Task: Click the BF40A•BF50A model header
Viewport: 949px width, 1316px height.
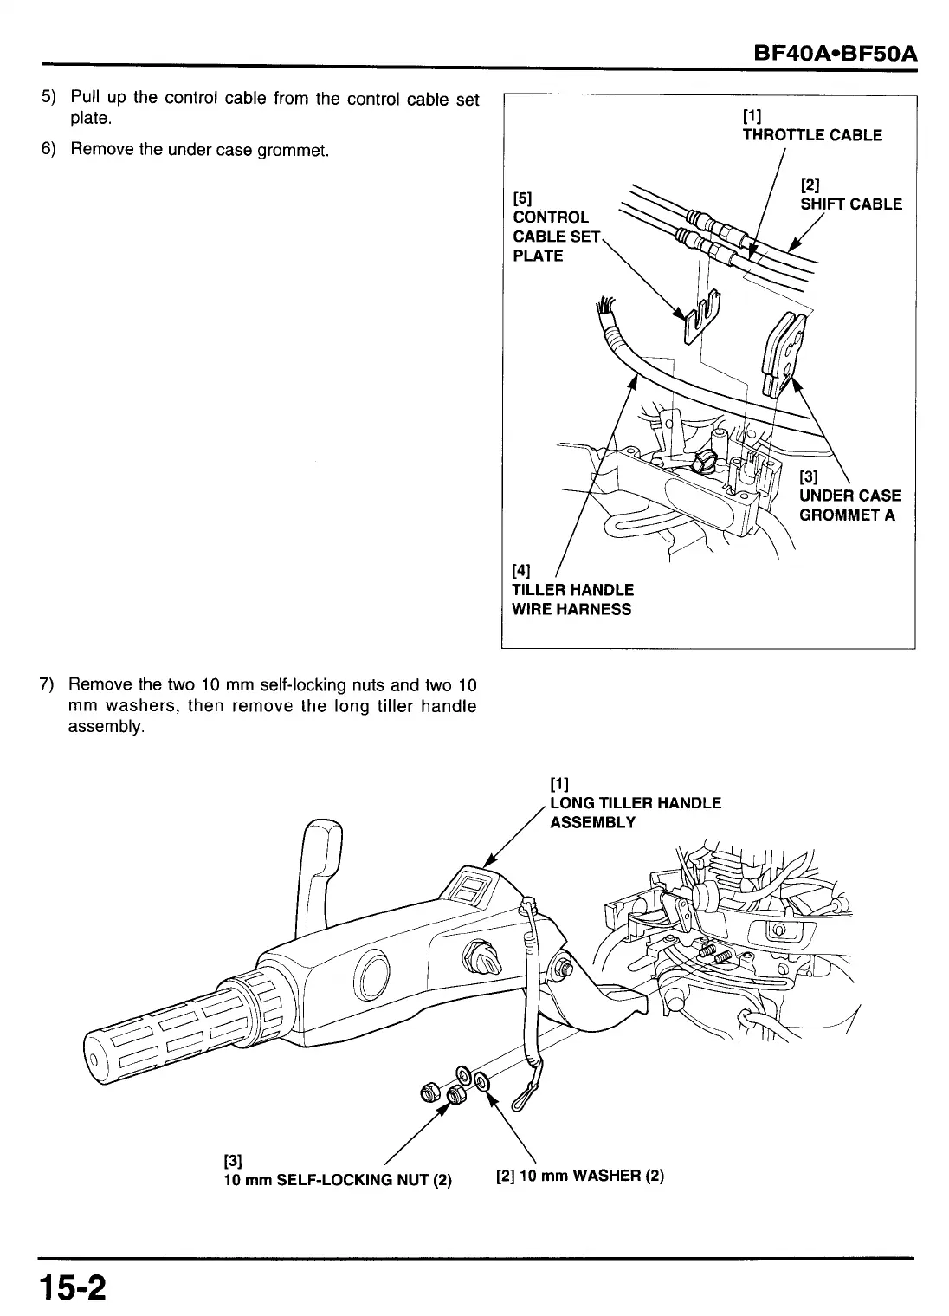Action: (835, 55)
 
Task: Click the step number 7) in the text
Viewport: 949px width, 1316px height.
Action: (48, 685)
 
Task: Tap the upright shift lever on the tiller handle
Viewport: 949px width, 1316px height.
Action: (318, 875)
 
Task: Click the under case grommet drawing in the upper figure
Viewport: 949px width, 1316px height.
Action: (784, 352)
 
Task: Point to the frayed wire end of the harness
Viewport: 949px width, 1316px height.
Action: (604, 308)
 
